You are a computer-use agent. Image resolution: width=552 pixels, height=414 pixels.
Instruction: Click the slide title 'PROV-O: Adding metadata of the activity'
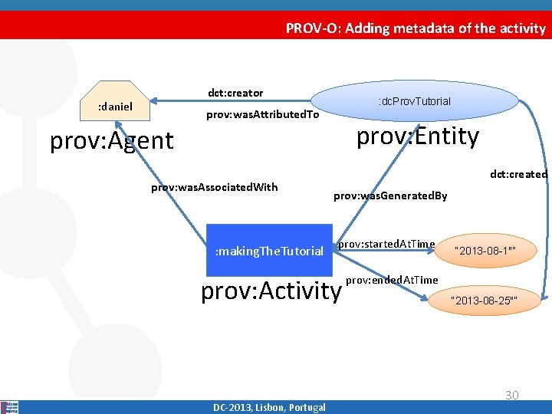[416, 28]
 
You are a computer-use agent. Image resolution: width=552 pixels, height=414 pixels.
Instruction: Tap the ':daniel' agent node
[114, 107]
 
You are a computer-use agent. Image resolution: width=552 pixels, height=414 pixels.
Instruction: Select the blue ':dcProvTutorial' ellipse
[414, 101]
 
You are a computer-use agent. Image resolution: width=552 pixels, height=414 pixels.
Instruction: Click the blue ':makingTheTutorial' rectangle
[269, 251]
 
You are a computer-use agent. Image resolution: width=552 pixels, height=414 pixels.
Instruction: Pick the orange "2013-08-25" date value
[485, 300]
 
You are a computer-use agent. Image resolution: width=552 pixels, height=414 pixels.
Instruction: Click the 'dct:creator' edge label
[235, 93]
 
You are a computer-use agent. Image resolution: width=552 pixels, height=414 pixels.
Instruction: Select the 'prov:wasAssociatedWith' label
[214, 187]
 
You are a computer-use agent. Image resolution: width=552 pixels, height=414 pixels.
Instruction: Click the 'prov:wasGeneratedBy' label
[390, 196]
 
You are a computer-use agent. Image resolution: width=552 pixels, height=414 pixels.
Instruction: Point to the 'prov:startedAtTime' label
[386, 244]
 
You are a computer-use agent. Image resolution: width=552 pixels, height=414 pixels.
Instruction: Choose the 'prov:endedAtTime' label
[392, 280]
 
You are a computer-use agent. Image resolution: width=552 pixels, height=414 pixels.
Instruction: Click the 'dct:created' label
[518, 175]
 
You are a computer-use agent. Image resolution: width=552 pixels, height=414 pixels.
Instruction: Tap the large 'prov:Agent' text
[112, 141]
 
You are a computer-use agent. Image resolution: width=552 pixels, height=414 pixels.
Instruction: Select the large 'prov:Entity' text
[418, 136]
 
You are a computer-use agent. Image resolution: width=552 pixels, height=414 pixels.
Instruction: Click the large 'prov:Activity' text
[270, 291]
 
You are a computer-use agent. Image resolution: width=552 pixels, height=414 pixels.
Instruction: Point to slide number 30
[511, 395]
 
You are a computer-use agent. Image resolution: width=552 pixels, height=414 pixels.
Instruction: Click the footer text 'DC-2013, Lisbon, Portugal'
[269, 407]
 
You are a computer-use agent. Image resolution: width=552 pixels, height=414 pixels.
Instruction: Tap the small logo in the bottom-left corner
[10, 406]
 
